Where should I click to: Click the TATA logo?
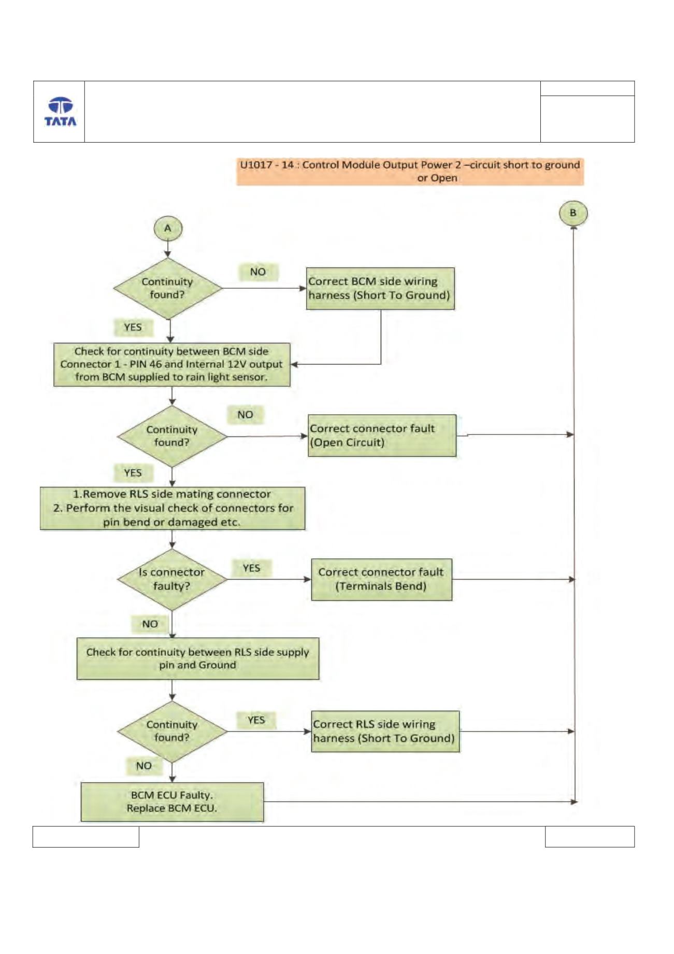pyautogui.click(x=60, y=111)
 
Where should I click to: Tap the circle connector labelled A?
pyautogui.click(x=168, y=229)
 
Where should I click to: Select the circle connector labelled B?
pyautogui.click(x=573, y=213)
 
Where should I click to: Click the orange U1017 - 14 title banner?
pyautogui.click(x=410, y=172)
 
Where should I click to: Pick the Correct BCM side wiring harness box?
pyautogui.click(x=380, y=289)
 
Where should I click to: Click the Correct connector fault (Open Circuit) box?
pyautogui.click(x=382, y=436)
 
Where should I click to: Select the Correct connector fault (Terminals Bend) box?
pyautogui.click(x=381, y=580)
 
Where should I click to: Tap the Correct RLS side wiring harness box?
pyautogui.click(x=385, y=731)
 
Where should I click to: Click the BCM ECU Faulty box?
pyautogui.click(x=172, y=802)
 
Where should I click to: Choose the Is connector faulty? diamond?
pyautogui.click(x=172, y=579)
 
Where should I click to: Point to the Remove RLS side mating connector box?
pyautogui.click(x=173, y=508)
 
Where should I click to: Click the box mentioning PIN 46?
pyautogui.click(x=172, y=364)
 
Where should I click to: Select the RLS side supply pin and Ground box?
pyautogui.click(x=198, y=659)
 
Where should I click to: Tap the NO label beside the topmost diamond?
pyautogui.click(x=258, y=272)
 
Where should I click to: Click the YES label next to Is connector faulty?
pyautogui.click(x=251, y=568)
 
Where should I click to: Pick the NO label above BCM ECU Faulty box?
pyautogui.click(x=144, y=766)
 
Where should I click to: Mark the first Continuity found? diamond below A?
pyautogui.click(x=168, y=288)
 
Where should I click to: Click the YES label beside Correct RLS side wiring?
pyautogui.click(x=256, y=720)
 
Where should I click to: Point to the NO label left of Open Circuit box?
pyautogui.click(x=246, y=415)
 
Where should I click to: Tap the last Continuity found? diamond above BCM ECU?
pyautogui.click(x=172, y=732)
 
